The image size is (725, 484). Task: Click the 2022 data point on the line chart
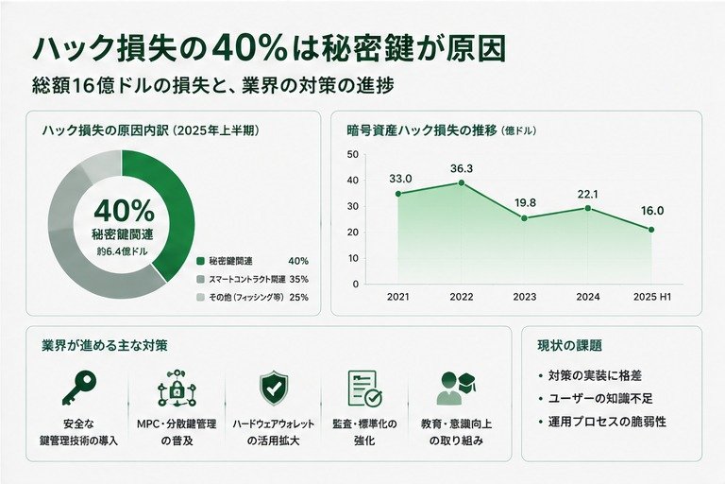(462, 183)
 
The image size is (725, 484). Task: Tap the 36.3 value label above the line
(462, 168)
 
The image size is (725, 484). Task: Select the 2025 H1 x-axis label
(652, 297)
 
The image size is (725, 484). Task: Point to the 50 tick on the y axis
(353, 154)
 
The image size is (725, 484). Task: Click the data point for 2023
(524, 218)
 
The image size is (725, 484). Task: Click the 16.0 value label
(652, 211)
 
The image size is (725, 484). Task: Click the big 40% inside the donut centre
(124, 211)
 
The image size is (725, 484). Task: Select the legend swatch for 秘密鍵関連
(200, 261)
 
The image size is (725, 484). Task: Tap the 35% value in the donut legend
(298, 279)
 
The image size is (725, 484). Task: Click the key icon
(79, 388)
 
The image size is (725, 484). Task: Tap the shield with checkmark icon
(274, 389)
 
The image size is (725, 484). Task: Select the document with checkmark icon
(364, 389)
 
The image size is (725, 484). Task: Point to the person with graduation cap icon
(456, 389)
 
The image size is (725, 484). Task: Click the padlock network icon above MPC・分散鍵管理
(177, 389)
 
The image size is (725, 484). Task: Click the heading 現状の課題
(569, 346)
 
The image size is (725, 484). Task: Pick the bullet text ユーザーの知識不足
(600, 398)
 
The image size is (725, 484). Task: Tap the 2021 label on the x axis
(398, 297)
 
